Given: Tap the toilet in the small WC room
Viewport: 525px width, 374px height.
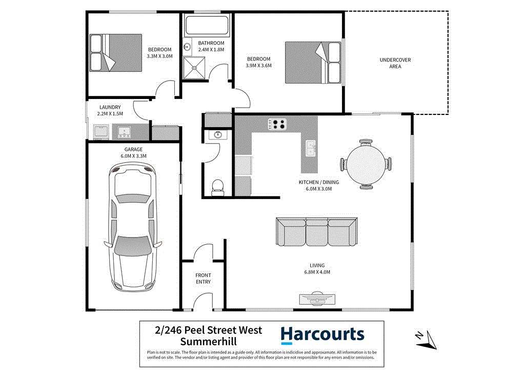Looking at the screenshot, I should point(218,186).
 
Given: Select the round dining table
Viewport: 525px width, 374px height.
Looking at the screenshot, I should point(367,163).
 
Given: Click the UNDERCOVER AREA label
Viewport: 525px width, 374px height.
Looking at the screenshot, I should point(395,63).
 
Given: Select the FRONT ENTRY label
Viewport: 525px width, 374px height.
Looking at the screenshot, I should point(203,279).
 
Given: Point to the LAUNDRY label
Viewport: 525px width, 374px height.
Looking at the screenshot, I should point(110,107).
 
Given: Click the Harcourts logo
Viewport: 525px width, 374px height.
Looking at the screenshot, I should point(322,335).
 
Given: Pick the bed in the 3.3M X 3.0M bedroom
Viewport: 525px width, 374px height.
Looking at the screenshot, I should point(115,52).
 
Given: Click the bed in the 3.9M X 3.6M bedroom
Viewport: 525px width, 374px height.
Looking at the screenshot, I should point(313,62).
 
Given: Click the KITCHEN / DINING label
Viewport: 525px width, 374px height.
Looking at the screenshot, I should point(319,182).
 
